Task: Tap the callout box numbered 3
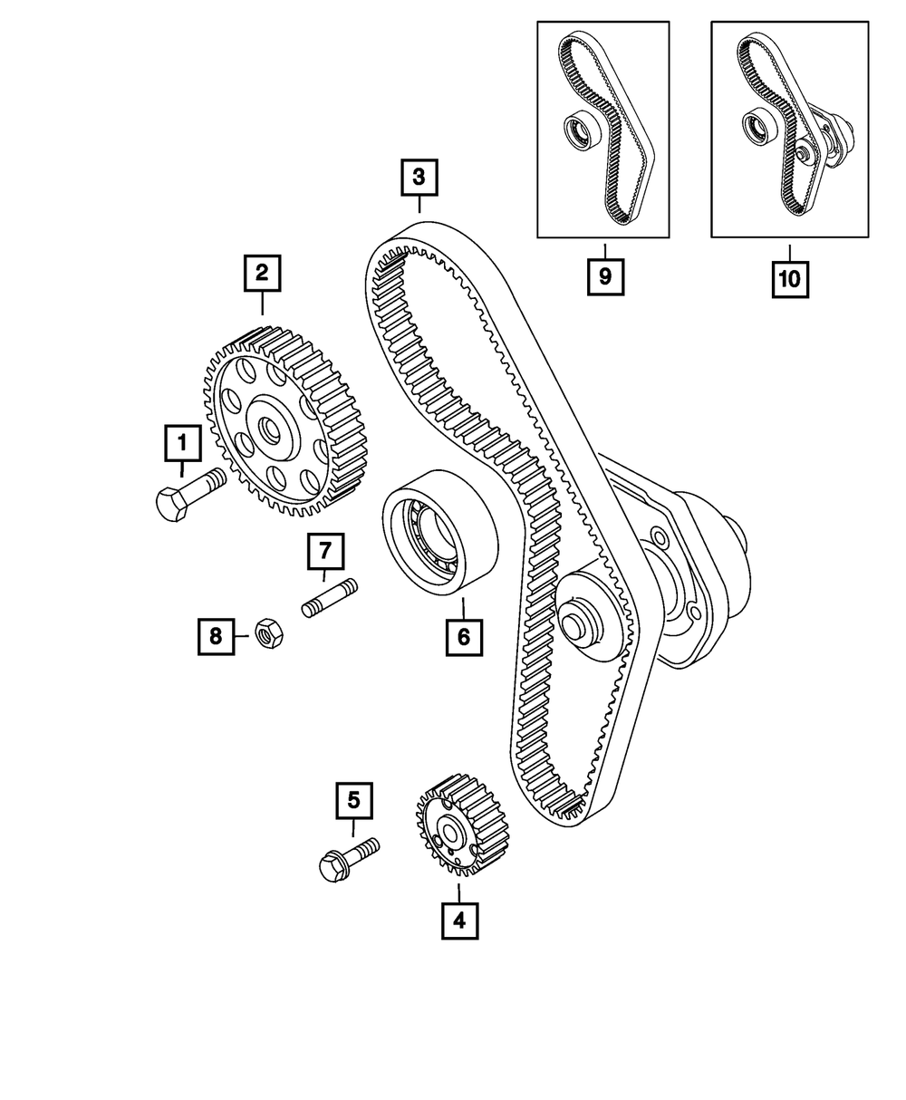(419, 178)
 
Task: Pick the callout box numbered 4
(459, 921)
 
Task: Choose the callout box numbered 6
(463, 637)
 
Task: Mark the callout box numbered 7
(325, 550)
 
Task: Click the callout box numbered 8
(216, 637)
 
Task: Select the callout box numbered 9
(605, 278)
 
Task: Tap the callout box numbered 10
(789, 279)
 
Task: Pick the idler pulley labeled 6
(439, 534)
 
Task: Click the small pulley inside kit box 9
(577, 131)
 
